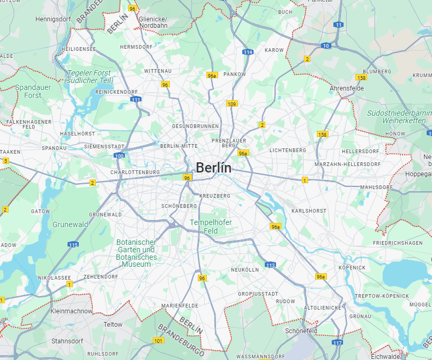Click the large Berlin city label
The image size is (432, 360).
tap(213, 167)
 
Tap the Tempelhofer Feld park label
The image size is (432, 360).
tap(211, 226)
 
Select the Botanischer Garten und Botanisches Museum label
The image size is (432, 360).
tap(136, 253)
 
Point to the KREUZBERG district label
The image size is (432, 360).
tap(214, 196)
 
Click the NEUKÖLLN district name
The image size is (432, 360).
tap(244, 269)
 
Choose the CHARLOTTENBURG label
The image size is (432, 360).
tap(135, 172)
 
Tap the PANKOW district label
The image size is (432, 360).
tap(235, 74)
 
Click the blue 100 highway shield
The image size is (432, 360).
tap(119, 156)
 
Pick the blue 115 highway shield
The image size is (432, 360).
tap(73, 245)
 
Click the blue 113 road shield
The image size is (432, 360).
tap(270, 265)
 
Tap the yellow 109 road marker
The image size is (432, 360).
tap(232, 104)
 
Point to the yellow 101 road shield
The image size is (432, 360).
tap(158, 341)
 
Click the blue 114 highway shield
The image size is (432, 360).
tap(247, 52)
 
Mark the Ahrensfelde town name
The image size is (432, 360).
tap(347, 88)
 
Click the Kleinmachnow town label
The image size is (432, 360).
tap(71, 311)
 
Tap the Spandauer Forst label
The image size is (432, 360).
tap(32, 91)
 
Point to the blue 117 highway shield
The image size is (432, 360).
tap(337, 342)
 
